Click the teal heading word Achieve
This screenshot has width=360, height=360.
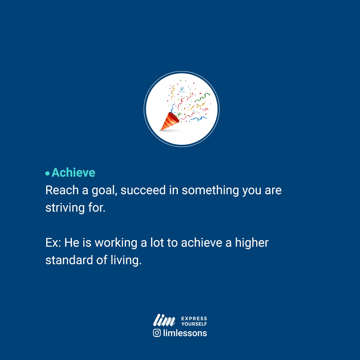tap(73, 173)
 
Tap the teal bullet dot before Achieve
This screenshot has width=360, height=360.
tap(47, 173)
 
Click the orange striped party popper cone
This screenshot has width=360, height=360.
tap(169, 121)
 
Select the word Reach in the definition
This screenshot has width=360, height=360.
tap(62, 190)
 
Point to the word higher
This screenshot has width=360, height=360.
tap(252, 243)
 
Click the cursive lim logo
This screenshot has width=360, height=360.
tap(164, 320)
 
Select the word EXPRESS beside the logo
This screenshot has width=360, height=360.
tap(194, 318)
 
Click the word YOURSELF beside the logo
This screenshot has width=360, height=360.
tap(194, 324)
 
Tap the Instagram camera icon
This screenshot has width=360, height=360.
tap(157, 333)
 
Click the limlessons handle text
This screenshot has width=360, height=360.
tap(185, 333)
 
